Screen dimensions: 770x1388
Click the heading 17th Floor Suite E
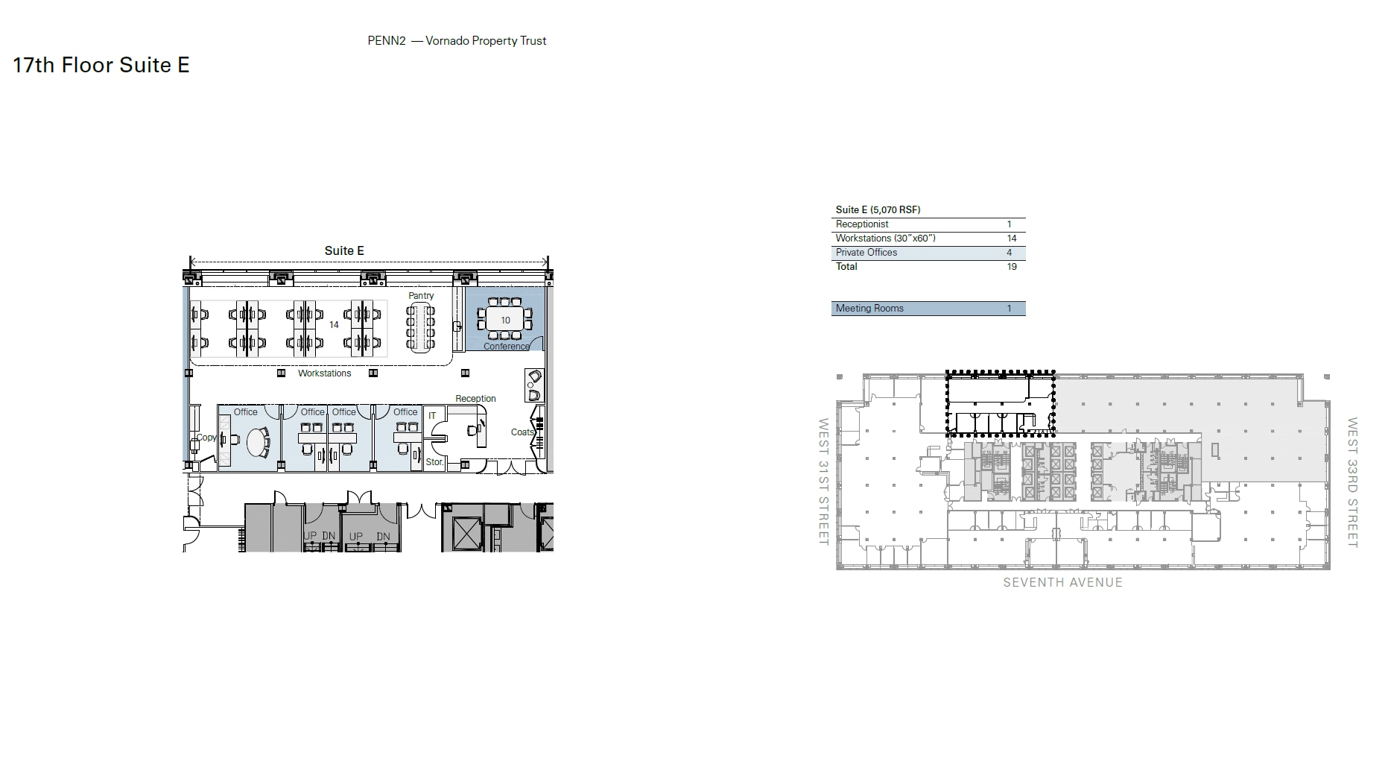[x=101, y=66]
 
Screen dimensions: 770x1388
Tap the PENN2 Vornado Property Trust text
[x=457, y=41]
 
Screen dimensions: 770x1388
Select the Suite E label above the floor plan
[x=344, y=250]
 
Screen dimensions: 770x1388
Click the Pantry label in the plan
[x=421, y=296]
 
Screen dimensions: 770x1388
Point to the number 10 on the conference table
[x=505, y=321]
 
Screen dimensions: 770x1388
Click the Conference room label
[x=507, y=347]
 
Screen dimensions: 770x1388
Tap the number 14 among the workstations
[x=334, y=325]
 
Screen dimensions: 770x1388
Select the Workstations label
[x=324, y=373]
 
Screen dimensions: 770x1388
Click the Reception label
[x=475, y=399]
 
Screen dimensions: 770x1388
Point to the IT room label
[x=432, y=416]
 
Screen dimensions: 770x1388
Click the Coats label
[x=522, y=432]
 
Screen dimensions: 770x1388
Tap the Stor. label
[x=434, y=462]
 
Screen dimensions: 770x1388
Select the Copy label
[x=206, y=438]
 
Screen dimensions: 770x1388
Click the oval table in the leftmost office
[x=258, y=442]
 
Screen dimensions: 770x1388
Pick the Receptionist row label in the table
[x=862, y=224]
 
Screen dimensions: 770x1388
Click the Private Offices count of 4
[x=1010, y=253]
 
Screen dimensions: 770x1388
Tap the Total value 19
[x=1011, y=267]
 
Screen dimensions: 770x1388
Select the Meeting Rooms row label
[x=869, y=309]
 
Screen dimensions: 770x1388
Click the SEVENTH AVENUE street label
[x=1062, y=583]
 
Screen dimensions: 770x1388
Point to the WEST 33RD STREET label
[x=1352, y=482]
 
